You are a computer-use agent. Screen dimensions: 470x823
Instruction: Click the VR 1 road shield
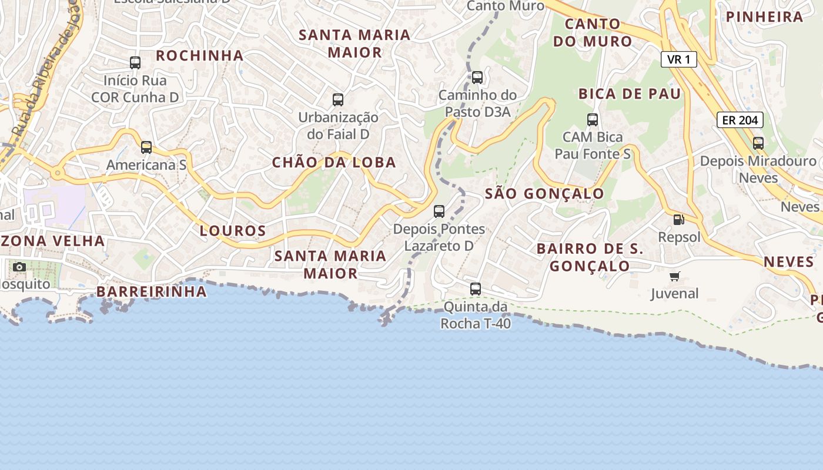(x=678, y=59)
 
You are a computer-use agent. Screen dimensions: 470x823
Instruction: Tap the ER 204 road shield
(x=740, y=120)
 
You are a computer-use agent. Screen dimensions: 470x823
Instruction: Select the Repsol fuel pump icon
(x=678, y=220)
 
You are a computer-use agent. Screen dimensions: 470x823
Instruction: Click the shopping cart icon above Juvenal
(x=674, y=276)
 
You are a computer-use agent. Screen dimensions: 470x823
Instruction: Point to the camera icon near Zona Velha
(x=19, y=267)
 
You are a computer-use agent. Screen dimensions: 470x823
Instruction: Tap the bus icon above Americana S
(x=146, y=147)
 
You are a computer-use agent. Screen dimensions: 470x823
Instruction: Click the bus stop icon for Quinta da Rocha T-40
(x=476, y=289)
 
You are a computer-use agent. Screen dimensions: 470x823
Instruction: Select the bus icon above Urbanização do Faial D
(x=338, y=100)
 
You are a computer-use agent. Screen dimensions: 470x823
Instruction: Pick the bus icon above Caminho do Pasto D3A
(x=477, y=78)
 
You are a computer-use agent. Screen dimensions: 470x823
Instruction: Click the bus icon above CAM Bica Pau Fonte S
(x=593, y=120)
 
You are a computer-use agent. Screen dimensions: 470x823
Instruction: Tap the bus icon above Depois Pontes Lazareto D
(x=439, y=211)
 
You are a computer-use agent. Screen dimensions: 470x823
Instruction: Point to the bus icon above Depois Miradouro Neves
(x=758, y=143)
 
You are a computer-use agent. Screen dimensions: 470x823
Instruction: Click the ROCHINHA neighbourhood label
(x=200, y=56)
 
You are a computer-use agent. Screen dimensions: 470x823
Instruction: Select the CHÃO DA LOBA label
(x=334, y=163)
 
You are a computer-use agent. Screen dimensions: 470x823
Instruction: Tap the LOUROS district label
(x=233, y=231)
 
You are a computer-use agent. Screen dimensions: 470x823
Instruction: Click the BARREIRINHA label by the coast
(x=152, y=291)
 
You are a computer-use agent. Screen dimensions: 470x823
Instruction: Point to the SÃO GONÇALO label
(x=544, y=194)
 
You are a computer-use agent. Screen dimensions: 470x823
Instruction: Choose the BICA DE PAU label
(x=630, y=94)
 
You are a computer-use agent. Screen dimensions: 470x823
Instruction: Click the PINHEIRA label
(x=765, y=17)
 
